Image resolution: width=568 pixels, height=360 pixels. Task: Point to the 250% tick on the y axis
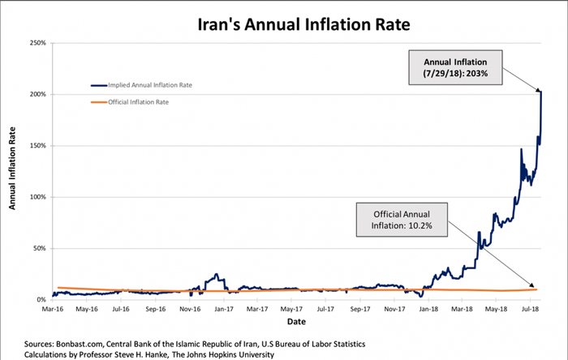click(x=37, y=43)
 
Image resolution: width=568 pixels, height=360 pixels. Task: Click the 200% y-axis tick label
click(x=37, y=94)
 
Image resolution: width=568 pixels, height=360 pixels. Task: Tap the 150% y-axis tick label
click(x=37, y=146)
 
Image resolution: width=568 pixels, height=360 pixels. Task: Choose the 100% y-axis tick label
click(x=37, y=197)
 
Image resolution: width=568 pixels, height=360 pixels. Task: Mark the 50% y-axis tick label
click(x=39, y=248)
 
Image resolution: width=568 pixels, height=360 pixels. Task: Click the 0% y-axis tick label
click(x=41, y=300)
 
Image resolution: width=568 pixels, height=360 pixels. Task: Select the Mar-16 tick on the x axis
click(x=54, y=309)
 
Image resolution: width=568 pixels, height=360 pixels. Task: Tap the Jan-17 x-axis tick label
click(x=222, y=309)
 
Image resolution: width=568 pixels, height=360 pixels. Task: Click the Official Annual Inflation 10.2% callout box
click(x=401, y=219)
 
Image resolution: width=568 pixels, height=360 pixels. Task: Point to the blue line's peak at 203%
click(x=540, y=92)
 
